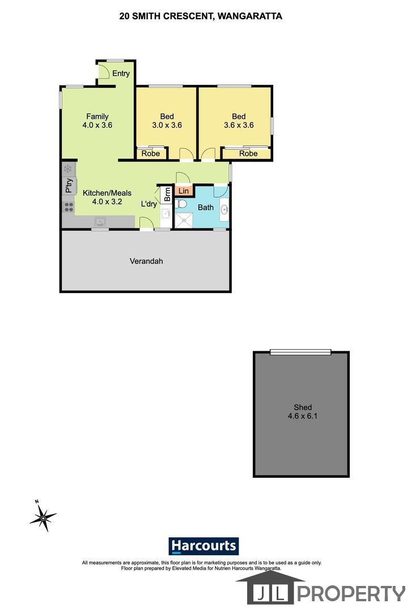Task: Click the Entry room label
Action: pyautogui.click(x=121, y=73)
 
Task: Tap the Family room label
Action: pyautogui.click(x=97, y=116)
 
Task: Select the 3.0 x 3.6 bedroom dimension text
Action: pyautogui.click(x=167, y=125)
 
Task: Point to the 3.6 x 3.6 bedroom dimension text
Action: pyautogui.click(x=239, y=125)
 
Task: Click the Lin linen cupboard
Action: pyautogui.click(x=184, y=191)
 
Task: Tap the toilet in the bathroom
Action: pyautogui.click(x=180, y=204)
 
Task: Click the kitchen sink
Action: pyautogui.click(x=100, y=222)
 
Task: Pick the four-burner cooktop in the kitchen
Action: pyautogui.click(x=69, y=207)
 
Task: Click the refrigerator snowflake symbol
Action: pyautogui.click(x=68, y=169)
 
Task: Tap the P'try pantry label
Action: pyautogui.click(x=69, y=186)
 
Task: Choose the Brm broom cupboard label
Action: pyautogui.click(x=167, y=194)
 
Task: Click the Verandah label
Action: pyautogui.click(x=146, y=261)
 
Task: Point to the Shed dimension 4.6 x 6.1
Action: pyautogui.click(x=303, y=416)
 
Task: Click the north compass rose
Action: pyautogui.click(x=43, y=517)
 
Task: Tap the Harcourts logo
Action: pyautogui.click(x=204, y=546)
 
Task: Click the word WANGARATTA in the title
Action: pyautogui.click(x=250, y=16)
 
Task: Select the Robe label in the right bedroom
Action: pyautogui.click(x=248, y=154)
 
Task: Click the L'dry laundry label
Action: pyautogui.click(x=149, y=204)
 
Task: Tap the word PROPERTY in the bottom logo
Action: pyautogui.click(x=351, y=594)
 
